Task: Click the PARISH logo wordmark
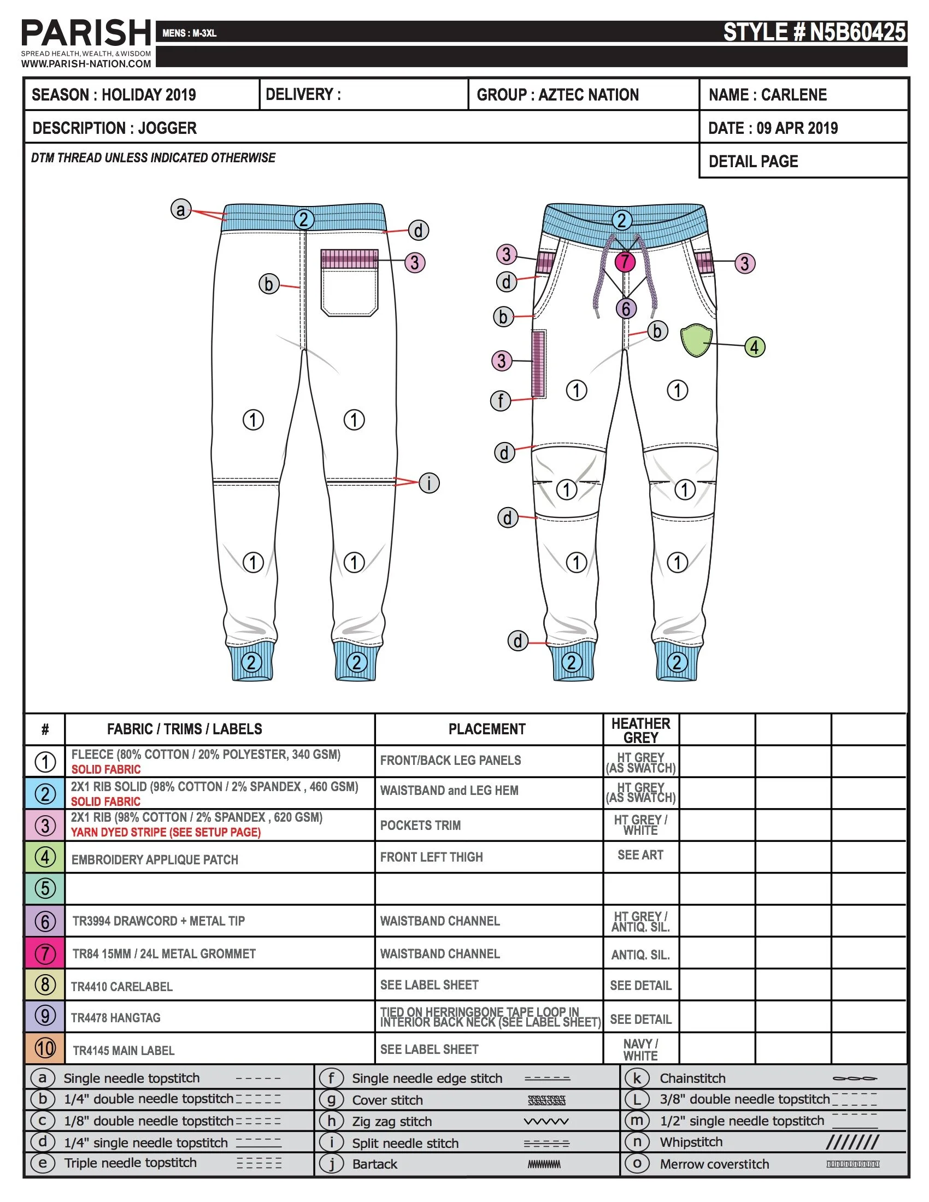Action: [x=86, y=33]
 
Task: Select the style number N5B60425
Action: [x=814, y=32]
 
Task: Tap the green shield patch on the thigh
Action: [x=696, y=340]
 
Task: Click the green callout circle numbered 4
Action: [x=755, y=347]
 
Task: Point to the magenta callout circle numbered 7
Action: [x=625, y=262]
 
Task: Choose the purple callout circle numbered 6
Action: [x=626, y=309]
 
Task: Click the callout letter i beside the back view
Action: [x=429, y=482]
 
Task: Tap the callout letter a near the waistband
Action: [x=180, y=209]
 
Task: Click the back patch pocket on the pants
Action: [x=350, y=284]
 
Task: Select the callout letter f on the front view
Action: [x=500, y=400]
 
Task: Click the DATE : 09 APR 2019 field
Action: [x=773, y=128]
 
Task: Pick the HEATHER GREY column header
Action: [x=640, y=730]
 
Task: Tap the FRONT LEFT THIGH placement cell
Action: [x=432, y=857]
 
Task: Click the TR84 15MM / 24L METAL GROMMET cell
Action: [x=164, y=954]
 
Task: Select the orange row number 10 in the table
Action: [x=45, y=1048]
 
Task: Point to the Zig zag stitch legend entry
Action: [x=392, y=1121]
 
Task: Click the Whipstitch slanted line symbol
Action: [x=852, y=1142]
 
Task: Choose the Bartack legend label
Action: [x=375, y=1164]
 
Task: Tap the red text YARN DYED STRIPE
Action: [x=165, y=832]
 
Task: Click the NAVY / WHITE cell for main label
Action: [x=640, y=1050]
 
